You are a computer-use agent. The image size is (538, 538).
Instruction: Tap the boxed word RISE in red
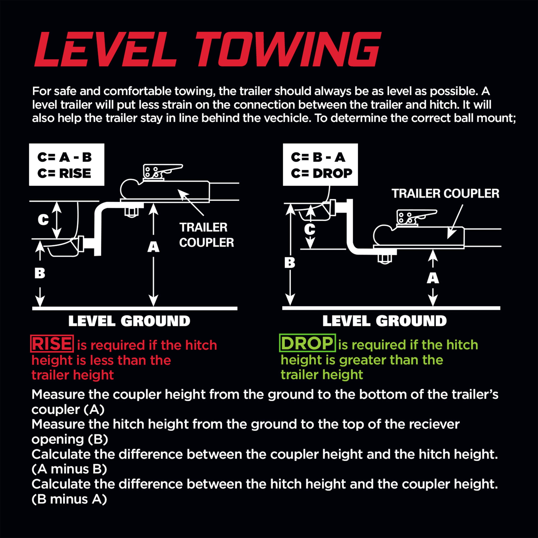point(52,344)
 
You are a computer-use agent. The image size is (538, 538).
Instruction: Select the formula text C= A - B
point(65,157)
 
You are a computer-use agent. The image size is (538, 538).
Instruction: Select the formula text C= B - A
point(318,157)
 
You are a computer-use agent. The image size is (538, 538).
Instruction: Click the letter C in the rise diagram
point(43,220)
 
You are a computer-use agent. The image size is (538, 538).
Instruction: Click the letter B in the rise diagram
point(40,273)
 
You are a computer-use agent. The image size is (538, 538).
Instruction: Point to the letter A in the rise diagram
point(153,247)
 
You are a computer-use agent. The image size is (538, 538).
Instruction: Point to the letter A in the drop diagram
point(433,278)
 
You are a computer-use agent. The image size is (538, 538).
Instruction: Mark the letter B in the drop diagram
point(290,263)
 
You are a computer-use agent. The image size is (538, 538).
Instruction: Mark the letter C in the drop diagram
point(310,230)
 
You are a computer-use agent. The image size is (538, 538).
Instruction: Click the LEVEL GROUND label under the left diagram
point(129,321)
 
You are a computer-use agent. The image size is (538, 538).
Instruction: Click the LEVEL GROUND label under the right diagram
point(384,321)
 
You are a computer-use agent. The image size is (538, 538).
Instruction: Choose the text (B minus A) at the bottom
point(69,499)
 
